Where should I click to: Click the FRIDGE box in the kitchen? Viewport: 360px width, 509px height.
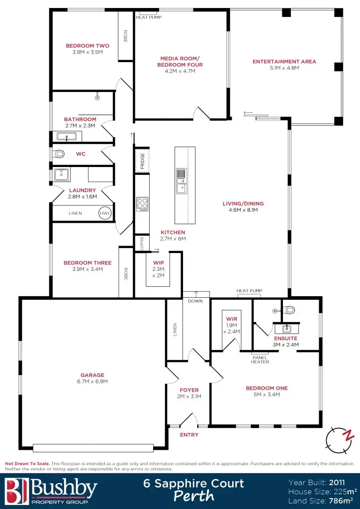[142, 161]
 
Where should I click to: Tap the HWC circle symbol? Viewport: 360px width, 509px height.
[105, 213]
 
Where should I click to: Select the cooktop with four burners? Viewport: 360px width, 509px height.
[142, 203]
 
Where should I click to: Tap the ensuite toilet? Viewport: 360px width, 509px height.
[289, 310]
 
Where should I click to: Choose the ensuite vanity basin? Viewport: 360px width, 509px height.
[287, 329]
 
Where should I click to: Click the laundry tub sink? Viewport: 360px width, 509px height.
[62, 174]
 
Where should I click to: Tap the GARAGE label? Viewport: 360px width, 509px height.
[92, 375]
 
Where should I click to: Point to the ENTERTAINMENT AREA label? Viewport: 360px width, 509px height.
[284, 62]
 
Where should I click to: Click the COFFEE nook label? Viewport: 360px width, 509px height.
[142, 243]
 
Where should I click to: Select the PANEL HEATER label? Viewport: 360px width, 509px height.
[260, 359]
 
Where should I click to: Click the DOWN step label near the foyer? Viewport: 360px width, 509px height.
[195, 301]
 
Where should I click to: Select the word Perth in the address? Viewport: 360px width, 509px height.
[194, 496]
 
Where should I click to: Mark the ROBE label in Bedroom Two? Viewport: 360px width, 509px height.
[125, 36]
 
